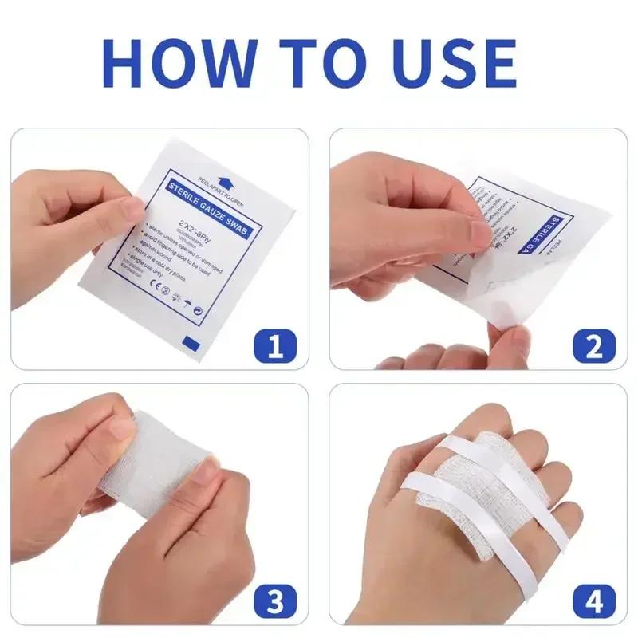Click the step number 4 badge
pos(594,599)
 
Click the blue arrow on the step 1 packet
pos(220,183)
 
